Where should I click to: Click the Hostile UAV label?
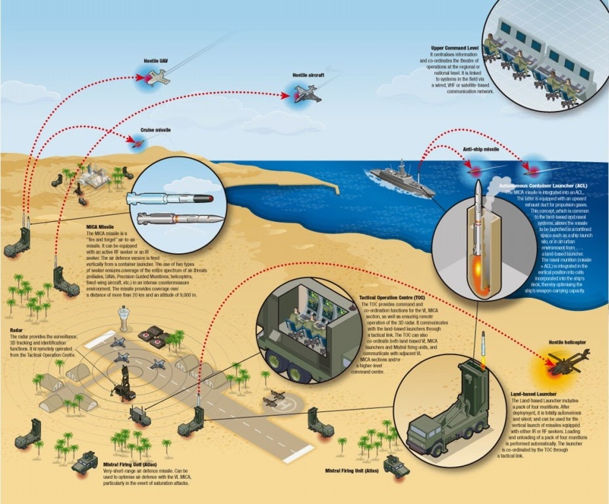[x=156, y=60]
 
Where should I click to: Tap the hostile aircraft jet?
[x=306, y=94]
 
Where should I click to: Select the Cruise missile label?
[x=155, y=131]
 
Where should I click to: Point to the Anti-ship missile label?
[x=481, y=149]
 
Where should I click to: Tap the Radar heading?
[x=18, y=330]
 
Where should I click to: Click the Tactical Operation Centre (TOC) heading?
[x=391, y=297]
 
